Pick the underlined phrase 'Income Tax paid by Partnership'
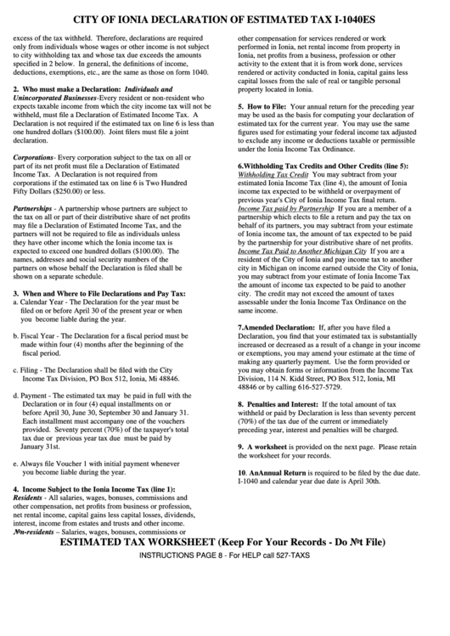coord(285,207)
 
